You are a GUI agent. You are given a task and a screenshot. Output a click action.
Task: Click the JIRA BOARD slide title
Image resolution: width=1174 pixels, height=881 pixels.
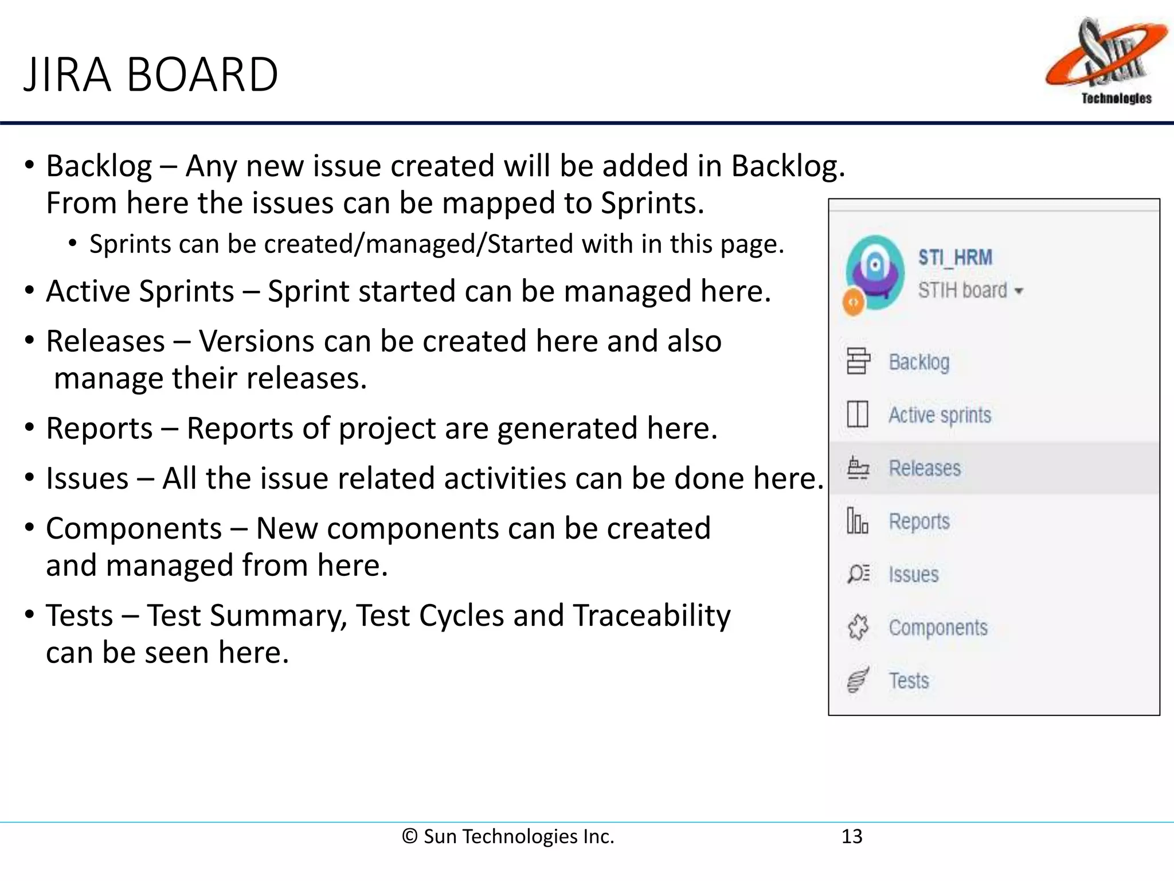tap(151, 75)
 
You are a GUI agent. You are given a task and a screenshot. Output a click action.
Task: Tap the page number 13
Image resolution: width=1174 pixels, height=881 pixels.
tap(851, 836)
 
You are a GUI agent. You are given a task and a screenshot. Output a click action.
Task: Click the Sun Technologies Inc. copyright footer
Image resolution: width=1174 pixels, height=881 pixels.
tap(508, 836)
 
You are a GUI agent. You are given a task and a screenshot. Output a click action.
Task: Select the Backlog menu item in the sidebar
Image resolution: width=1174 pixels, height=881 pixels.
tap(919, 362)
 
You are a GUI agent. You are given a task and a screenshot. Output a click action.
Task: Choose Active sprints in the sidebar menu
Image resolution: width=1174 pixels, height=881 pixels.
tap(940, 415)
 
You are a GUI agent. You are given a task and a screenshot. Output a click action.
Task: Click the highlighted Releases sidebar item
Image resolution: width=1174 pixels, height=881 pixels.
tap(925, 468)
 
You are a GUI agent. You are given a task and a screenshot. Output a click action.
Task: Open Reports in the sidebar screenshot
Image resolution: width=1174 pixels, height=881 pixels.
tap(919, 521)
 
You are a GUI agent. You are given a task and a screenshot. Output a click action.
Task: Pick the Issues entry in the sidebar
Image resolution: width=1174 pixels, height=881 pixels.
tap(914, 574)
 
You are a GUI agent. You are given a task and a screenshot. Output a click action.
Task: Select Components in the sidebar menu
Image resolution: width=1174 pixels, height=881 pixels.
tap(938, 627)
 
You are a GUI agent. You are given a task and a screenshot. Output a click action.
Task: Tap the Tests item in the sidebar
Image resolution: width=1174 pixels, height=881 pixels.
tap(909, 681)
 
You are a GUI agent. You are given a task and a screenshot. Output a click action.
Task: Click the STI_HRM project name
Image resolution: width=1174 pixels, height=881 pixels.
tap(955, 258)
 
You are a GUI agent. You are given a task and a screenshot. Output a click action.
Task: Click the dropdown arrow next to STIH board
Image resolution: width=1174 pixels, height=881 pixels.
tap(1019, 291)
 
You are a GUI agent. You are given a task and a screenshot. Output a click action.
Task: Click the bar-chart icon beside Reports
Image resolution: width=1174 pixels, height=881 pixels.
tap(858, 521)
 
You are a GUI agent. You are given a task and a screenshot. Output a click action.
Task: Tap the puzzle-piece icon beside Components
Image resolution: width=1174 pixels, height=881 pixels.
tap(858, 627)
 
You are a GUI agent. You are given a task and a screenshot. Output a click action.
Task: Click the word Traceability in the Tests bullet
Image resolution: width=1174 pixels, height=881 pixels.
tap(652, 616)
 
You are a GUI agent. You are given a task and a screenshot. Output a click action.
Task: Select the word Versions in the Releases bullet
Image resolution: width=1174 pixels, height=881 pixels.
tap(256, 341)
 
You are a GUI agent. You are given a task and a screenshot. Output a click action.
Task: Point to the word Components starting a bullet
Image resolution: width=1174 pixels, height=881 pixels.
tap(134, 528)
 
